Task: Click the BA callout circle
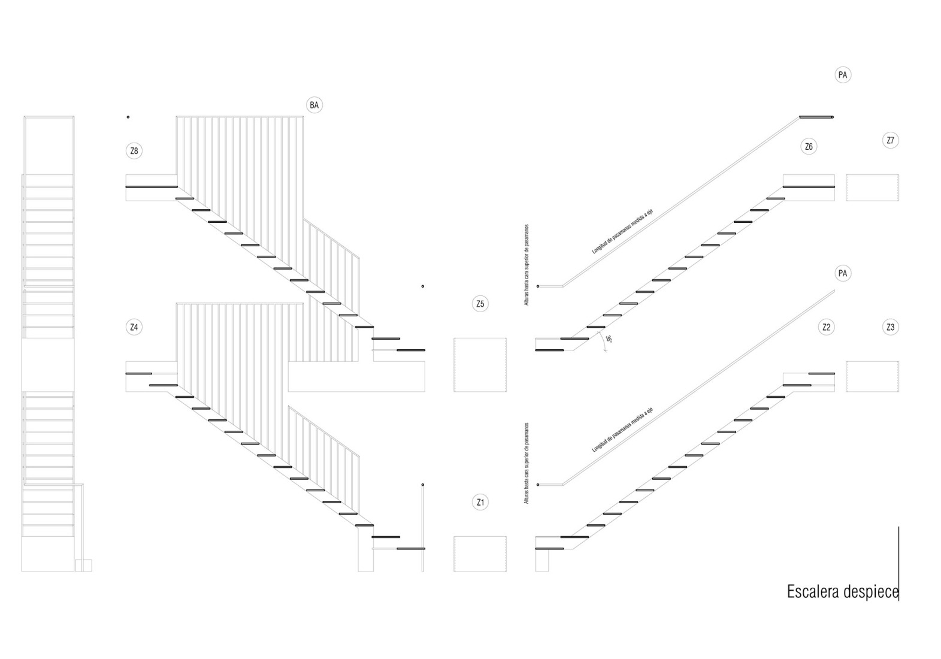point(314,105)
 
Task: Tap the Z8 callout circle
point(134,151)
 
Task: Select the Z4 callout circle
point(134,327)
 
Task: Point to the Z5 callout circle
point(480,304)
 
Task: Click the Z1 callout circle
point(480,502)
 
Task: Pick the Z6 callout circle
point(809,147)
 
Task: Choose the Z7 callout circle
point(890,140)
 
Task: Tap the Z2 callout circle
point(826,327)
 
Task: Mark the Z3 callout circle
point(890,327)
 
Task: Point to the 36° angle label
point(608,339)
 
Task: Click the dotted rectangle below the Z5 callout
point(480,365)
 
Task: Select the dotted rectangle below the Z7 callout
point(872,188)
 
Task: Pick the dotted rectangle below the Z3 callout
point(872,376)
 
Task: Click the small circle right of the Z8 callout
point(128,117)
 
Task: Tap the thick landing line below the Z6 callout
point(809,187)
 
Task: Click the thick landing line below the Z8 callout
point(152,187)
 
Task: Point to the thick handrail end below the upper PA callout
point(816,117)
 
